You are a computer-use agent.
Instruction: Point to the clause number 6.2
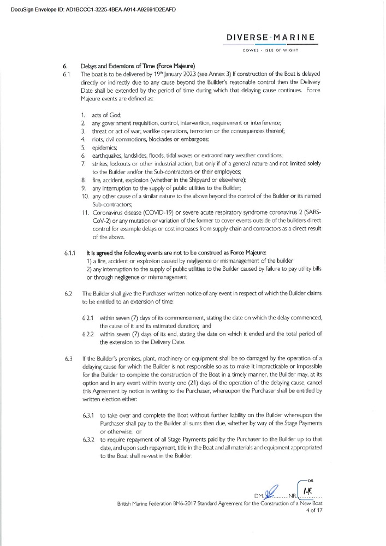(68, 294)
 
